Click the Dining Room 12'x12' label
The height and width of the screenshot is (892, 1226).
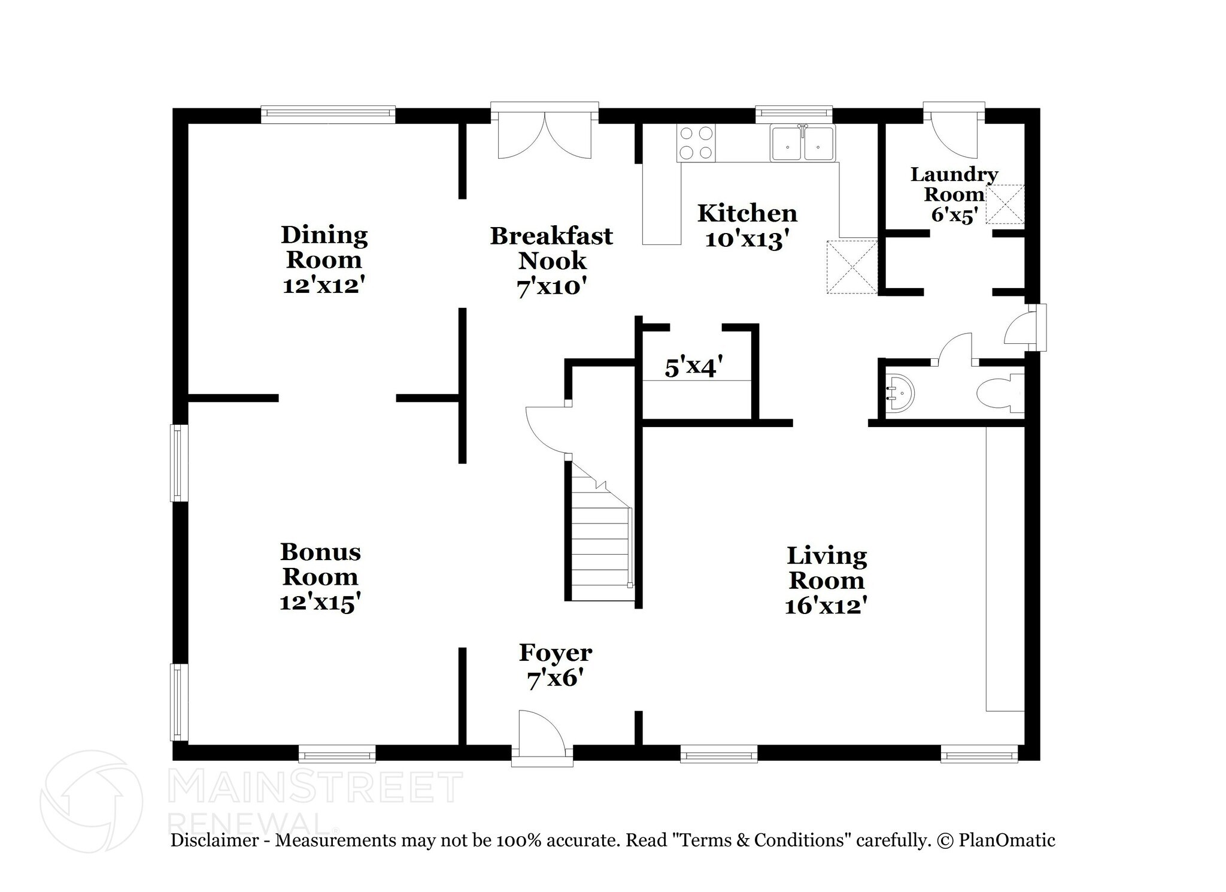(x=324, y=259)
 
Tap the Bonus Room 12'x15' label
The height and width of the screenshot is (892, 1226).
(x=320, y=576)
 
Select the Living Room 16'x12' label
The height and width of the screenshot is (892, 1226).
(x=826, y=580)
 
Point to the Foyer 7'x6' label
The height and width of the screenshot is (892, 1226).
(x=556, y=665)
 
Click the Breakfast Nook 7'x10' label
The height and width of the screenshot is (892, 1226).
(x=551, y=261)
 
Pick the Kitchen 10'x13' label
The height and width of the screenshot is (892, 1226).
(x=746, y=226)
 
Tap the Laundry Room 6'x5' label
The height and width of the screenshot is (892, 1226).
(x=954, y=194)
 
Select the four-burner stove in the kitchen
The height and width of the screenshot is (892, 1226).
(x=696, y=143)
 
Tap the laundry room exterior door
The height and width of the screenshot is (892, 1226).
(x=954, y=132)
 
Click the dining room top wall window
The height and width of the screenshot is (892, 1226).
(x=328, y=114)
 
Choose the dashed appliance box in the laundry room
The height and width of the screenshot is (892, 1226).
(x=1005, y=204)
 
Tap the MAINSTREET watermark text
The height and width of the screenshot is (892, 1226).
(x=316, y=787)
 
